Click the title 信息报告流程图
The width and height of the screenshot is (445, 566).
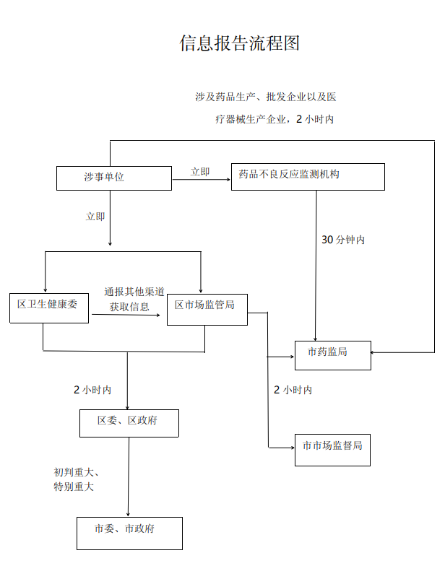[239, 43]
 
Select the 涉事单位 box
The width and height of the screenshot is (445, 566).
[114, 178]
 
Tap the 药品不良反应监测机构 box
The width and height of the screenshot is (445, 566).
[308, 176]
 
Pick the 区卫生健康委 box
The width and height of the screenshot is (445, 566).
[49, 307]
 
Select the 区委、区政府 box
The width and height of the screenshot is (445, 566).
[129, 422]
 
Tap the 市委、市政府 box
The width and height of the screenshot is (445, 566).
[129, 533]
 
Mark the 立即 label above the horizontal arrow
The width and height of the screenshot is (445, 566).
[200, 172]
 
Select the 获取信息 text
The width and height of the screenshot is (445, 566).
[129, 308]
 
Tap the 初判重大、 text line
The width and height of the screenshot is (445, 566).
[77, 472]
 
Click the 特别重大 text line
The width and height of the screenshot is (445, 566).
[74, 487]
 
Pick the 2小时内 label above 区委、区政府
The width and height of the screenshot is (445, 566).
[92, 390]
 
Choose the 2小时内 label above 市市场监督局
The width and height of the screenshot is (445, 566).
[293, 390]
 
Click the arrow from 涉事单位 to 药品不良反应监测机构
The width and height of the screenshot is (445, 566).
[202, 180]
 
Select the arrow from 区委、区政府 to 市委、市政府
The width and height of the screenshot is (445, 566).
[129, 476]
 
